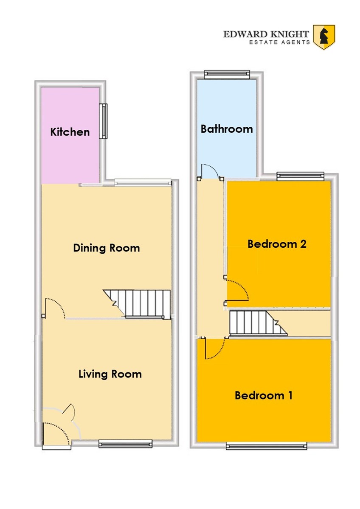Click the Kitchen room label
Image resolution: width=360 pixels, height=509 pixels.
coord(70,132)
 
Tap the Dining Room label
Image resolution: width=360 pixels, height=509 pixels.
coord(107,248)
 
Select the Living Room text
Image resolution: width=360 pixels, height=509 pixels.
coord(110,374)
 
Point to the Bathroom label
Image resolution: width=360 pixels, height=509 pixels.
coord(227,129)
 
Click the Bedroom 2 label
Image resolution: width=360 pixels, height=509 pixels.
coord(277,244)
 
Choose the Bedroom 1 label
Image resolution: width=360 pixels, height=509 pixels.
coord(264,395)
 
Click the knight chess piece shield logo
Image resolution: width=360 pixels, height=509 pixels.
coord(324,37)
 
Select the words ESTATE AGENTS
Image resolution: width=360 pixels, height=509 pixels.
coord(279,42)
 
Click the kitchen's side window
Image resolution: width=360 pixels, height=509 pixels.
coord(104,121)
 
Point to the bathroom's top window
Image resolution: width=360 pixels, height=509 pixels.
coord(227,75)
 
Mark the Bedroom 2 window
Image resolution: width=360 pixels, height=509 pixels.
coord(300,176)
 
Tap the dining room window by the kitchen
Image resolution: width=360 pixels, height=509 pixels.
coord(143,182)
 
